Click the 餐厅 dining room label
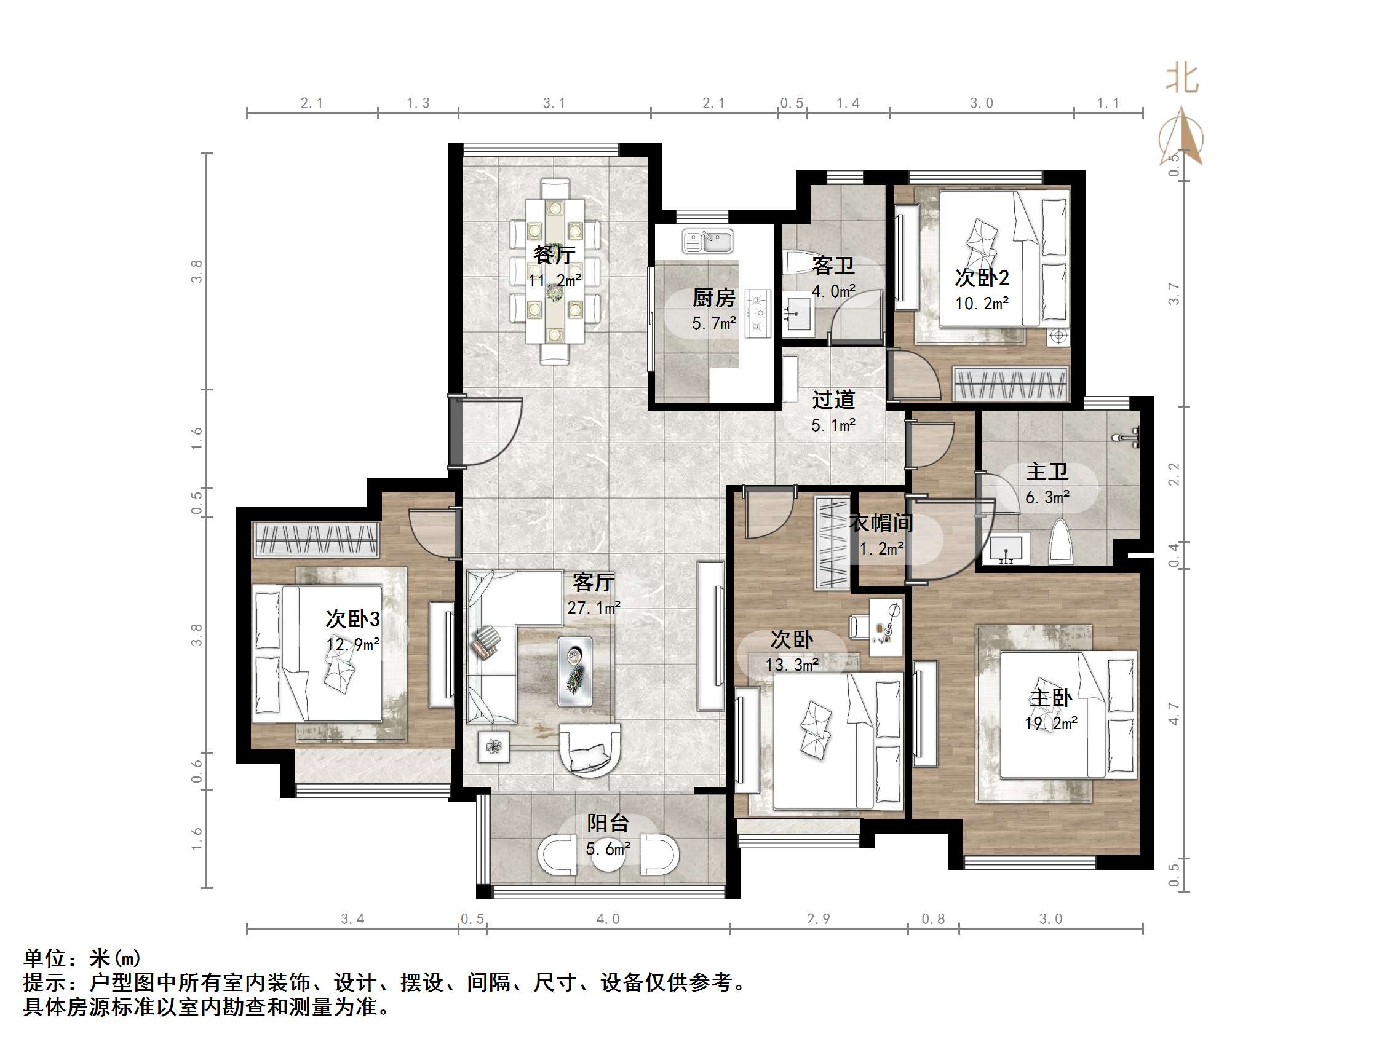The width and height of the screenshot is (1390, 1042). (x=554, y=255)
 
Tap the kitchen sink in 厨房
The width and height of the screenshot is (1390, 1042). (x=708, y=242)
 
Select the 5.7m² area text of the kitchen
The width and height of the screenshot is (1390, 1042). (x=714, y=323)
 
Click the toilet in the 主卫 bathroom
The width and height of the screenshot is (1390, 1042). (x=1062, y=540)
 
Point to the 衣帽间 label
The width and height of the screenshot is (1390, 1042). (x=880, y=523)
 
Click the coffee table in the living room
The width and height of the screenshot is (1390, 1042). (x=575, y=671)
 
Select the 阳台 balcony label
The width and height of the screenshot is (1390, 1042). (x=608, y=823)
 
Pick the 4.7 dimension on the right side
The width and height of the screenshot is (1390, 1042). (x=1174, y=714)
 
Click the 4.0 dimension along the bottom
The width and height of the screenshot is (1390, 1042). (x=608, y=919)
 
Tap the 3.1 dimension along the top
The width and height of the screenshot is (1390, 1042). (x=554, y=103)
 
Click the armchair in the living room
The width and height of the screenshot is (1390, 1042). (x=589, y=750)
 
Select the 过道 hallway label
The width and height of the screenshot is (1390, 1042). (x=833, y=400)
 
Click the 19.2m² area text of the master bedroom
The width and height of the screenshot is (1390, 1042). (x=1050, y=724)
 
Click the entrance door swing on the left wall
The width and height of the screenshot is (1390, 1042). (x=487, y=432)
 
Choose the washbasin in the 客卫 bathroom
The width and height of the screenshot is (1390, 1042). (x=798, y=314)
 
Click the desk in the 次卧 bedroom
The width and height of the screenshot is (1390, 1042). (x=886, y=627)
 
